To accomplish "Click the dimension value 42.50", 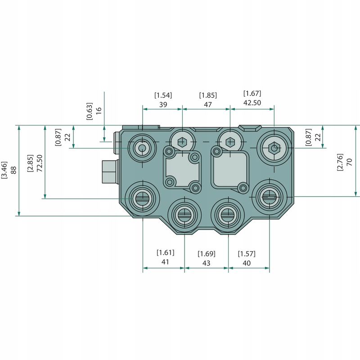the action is pyautogui.click(x=252, y=103).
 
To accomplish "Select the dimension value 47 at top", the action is pyautogui.click(x=208, y=104).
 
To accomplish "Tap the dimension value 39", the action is pyautogui.click(x=163, y=104).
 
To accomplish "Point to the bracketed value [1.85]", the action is pyautogui.click(x=208, y=95).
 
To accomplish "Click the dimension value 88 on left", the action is pyautogui.click(x=13, y=170).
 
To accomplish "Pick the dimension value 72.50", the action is pyautogui.click(x=39, y=162).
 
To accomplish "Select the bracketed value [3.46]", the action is pyautogui.click(x=4, y=170).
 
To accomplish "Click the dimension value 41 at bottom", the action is pyautogui.click(x=165, y=262).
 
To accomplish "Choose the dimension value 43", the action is pyautogui.click(x=207, y=263).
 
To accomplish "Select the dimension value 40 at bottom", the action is pyautogui.click(x=247, y=263).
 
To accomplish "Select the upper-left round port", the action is pyautogui.click(x=142, y=148).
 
